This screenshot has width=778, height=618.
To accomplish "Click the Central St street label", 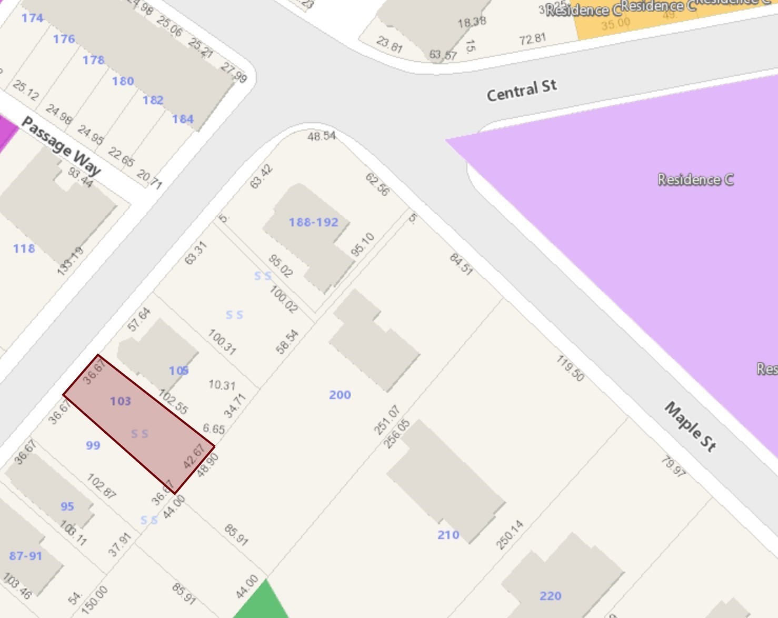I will pyautogui.click(x=521, y=91).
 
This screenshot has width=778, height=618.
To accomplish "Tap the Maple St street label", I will pyautogui.click(x=690, y=426).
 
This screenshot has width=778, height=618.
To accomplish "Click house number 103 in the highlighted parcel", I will pyautogui.click(x=120, y=401).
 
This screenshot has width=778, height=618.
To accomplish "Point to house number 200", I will pyautogui.click(x=340, y=395).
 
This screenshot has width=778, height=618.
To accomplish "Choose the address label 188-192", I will pyautogui.click(x=313, y=222).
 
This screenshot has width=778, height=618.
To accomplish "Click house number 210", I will pyautogui.click(x=448, y=535).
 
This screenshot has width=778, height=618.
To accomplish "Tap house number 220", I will pyautogui.click(x=550, y=596).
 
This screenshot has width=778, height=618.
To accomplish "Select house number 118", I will pyautogui.click(x=24, y=248).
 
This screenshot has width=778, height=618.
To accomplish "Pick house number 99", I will pyautogui.click(x=93, y=445).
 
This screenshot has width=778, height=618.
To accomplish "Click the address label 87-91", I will pyautogui.click(x=25, y=556).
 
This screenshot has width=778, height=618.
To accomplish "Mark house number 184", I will pyautogui.click(x=183, y=119).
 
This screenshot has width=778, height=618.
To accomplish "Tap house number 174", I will pyautogui.click(x=32, y=18).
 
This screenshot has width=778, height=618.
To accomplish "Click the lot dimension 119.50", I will pyautogui.click(x=570, y=368).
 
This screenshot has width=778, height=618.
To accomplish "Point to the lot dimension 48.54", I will pyautogui.click(x=321, y=136).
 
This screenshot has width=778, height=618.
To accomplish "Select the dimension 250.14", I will pyautogui.click(x=510, y=535).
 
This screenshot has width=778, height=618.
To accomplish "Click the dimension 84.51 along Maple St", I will pyautogui.click(x=461, y=264).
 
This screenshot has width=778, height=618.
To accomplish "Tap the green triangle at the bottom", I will pyautogui.click(x=262, y=603).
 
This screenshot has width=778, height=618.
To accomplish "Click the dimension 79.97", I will pyautogui.click(x=673, y=466).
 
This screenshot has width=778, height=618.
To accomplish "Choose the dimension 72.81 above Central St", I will pyautogui.click(x=532, y=39).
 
